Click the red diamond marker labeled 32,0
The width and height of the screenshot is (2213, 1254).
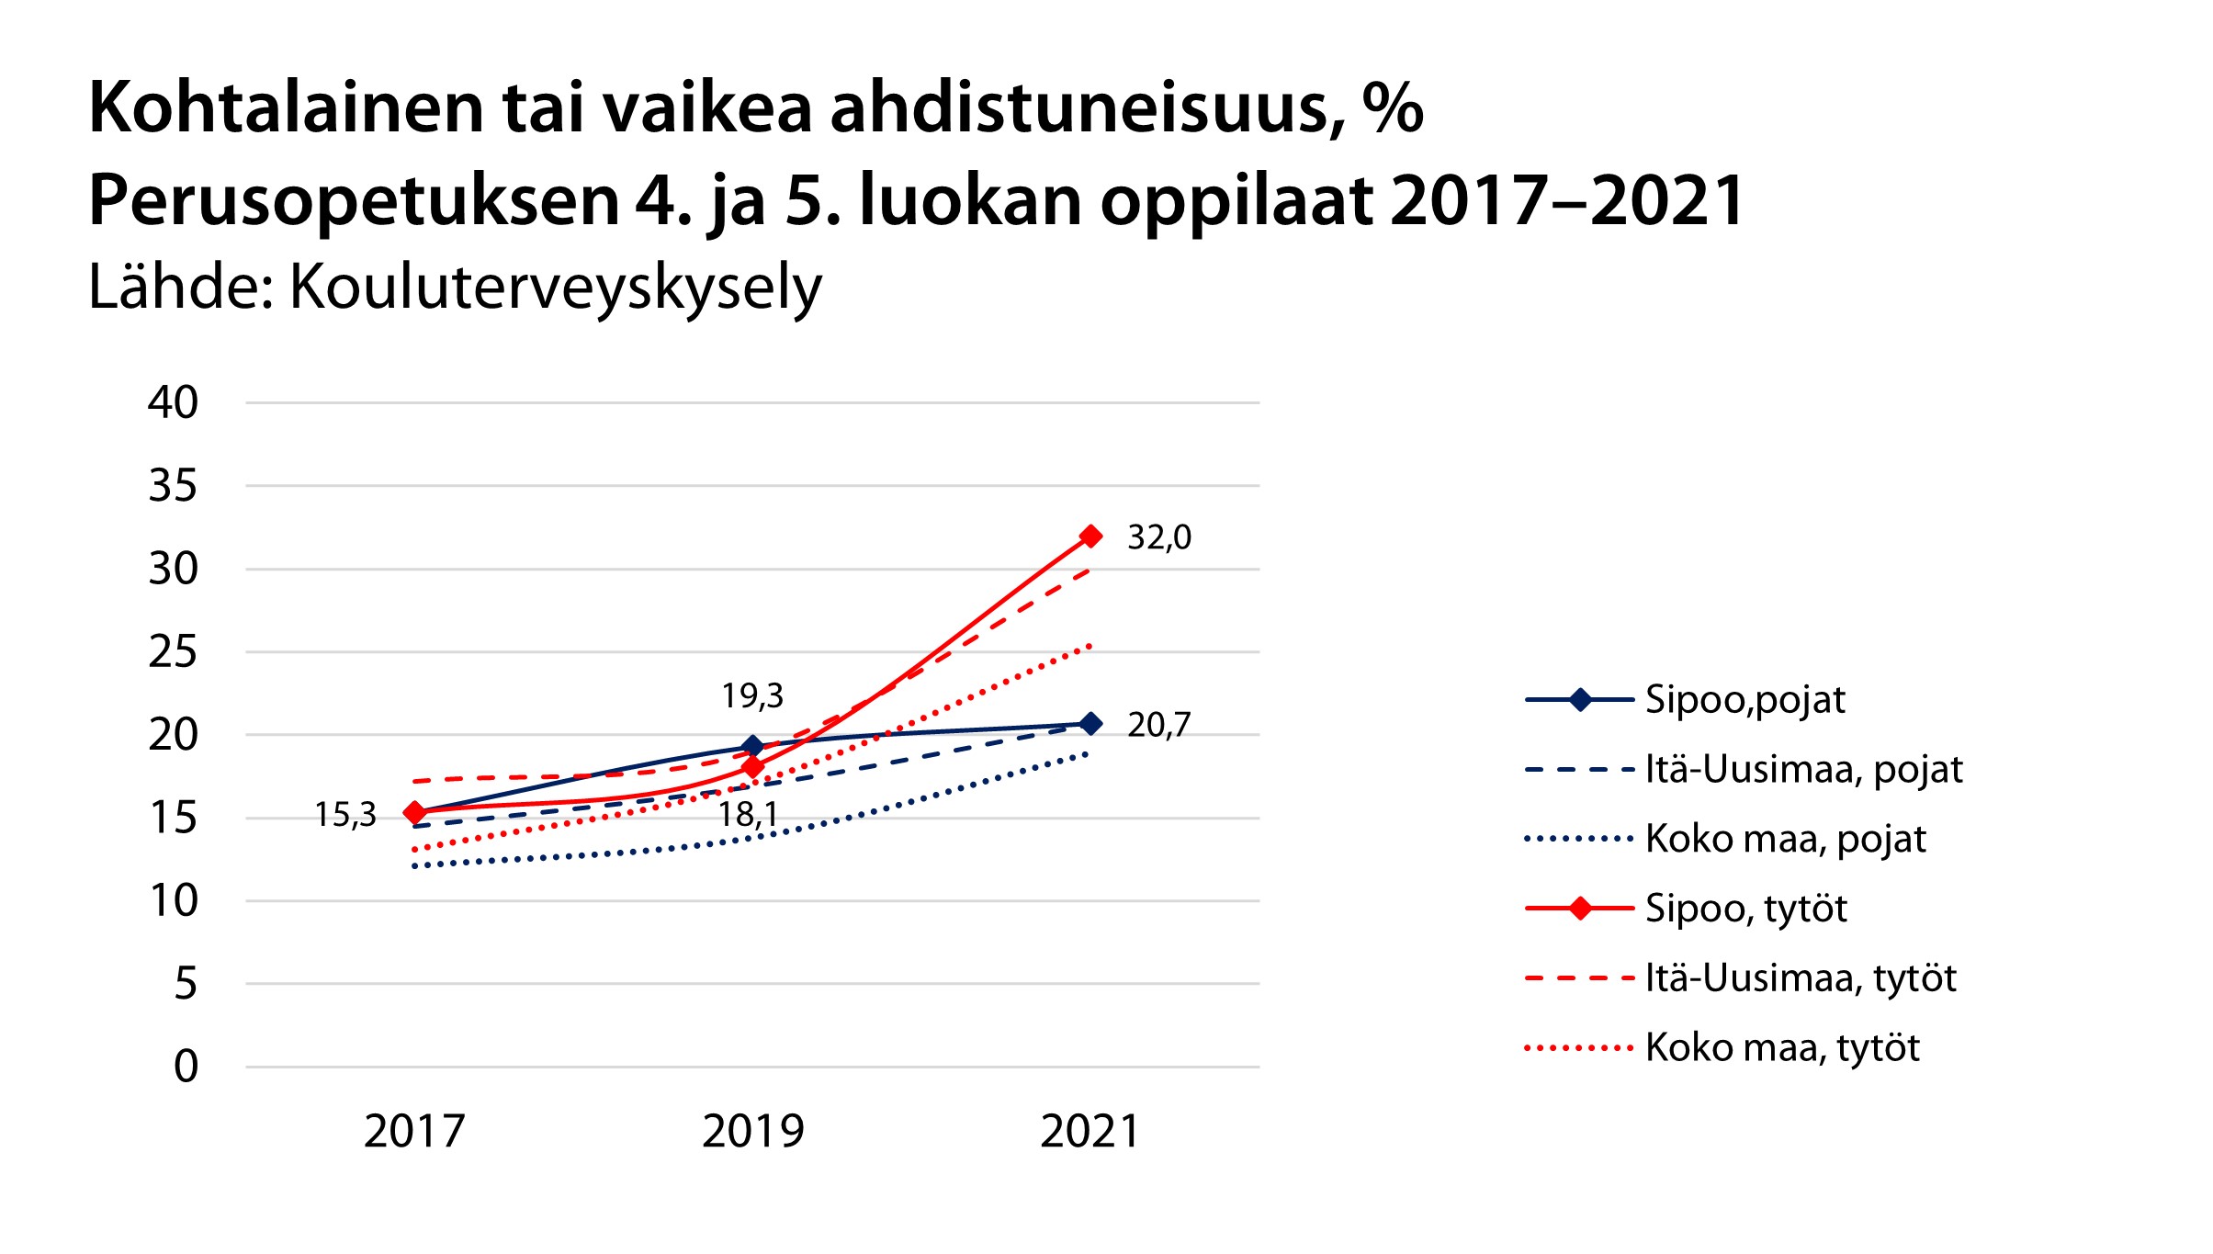coord(1090,536)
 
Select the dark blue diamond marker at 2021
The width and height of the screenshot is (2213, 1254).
coord(1090,724)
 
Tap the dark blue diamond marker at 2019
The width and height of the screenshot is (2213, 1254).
coord(752,746)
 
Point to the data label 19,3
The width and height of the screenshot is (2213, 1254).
coord(752,696)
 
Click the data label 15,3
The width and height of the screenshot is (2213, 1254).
coord(345,815)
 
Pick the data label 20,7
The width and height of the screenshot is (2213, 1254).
coord(1159,726)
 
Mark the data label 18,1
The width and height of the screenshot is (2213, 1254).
coord(748,815)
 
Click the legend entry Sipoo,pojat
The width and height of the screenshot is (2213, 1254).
coord(1744,700)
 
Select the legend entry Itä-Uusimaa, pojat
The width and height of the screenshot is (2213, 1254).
coord(1803,770)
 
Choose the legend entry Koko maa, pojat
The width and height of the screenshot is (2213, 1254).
coord(1785,840)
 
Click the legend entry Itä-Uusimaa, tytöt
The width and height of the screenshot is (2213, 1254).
coord(1801,978)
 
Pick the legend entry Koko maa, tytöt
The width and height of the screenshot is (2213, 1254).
coord(1782,1048)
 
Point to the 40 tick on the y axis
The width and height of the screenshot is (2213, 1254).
coord(173,403)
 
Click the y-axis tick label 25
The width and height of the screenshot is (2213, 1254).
coord(173,652)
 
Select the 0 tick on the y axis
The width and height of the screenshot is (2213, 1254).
coord(186,1067)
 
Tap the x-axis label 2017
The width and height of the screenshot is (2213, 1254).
coord(414,1132)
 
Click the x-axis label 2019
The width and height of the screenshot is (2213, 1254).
coord(752,1132)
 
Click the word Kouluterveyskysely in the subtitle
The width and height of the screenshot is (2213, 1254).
coord(556,288)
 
